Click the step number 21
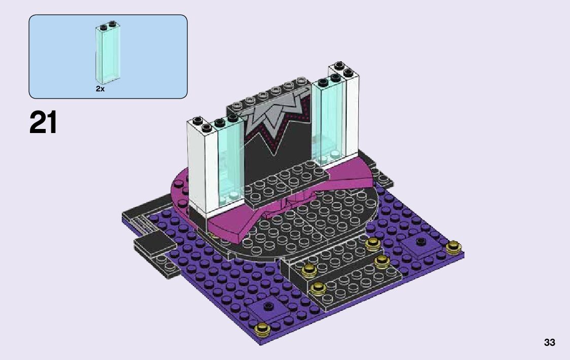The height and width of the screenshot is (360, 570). [x=43, y=122]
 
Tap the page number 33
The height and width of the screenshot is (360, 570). [x=549, y=343]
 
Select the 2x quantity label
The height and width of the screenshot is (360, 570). [x=100, y=89]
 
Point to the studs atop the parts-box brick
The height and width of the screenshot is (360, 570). [x=108, y=25]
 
